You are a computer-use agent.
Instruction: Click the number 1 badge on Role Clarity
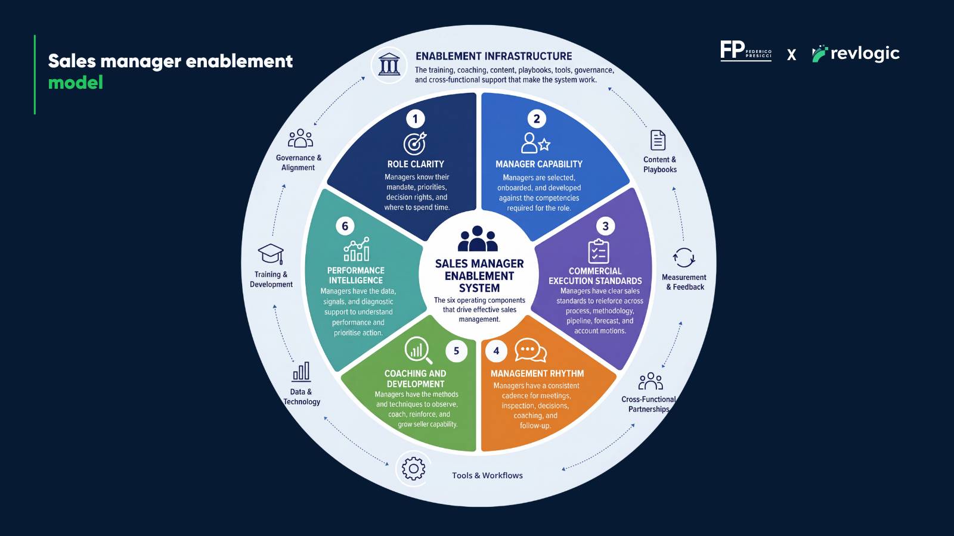[415, 119]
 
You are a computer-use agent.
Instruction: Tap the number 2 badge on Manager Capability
[537, 119]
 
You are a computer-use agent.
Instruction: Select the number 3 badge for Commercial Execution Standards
[605, 226]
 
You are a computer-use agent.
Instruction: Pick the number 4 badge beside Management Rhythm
[496, 351]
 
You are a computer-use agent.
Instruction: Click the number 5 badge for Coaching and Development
[456, 351]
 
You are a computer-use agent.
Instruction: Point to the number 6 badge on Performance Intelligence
[345, 226]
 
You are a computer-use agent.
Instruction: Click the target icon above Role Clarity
[415, 144]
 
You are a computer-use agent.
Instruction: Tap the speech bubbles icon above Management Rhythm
[531, 350]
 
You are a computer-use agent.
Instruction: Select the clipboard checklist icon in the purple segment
[599, 251]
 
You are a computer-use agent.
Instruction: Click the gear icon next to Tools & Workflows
[413, 469]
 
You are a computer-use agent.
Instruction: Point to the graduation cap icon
[271, 254]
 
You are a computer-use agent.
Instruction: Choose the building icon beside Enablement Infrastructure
[389, 65]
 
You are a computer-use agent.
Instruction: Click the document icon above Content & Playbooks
[658, 140]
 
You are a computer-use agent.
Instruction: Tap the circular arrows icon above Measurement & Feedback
[684, 258]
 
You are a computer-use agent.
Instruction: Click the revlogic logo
[856, 54]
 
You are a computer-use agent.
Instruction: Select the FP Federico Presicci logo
[746, 51]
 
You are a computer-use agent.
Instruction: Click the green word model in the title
[75, 83]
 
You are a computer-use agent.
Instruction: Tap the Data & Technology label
[302, 397]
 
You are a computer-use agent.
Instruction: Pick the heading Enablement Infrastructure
[494, 56]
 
